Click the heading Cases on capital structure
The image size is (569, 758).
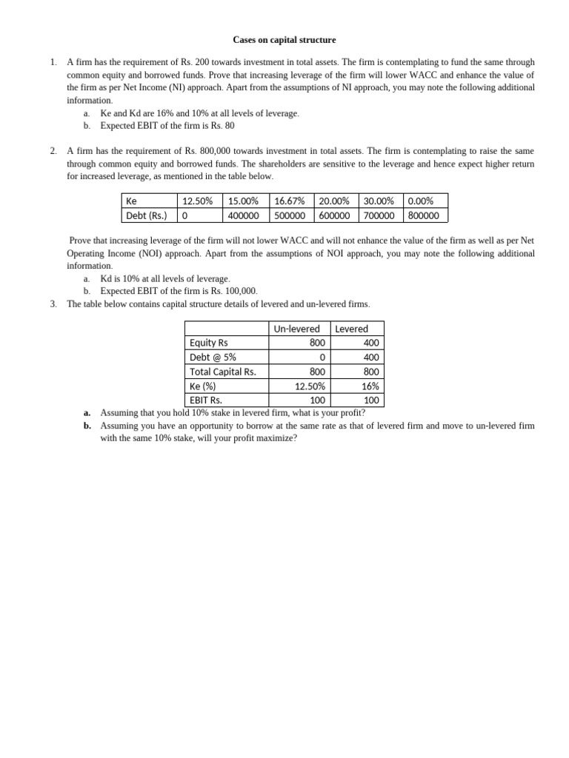(x=284, y=39)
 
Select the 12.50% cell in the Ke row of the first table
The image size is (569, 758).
(x=197, y=201)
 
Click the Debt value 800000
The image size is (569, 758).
(x=424, y=215)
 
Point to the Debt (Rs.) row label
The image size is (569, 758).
(x=147, y=215)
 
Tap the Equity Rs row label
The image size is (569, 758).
(x=208, y=343)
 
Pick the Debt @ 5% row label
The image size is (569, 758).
(x=213, y=357)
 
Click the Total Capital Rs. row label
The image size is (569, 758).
(x=222, y=372)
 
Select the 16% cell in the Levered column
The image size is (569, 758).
(x=370, y=386)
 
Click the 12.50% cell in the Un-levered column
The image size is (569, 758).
(x=310, y=386)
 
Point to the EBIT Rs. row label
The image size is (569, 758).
(x=206, y=400)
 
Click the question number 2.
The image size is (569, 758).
(x=53, y=151)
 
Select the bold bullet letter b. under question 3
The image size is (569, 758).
(x=87, y=426)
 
